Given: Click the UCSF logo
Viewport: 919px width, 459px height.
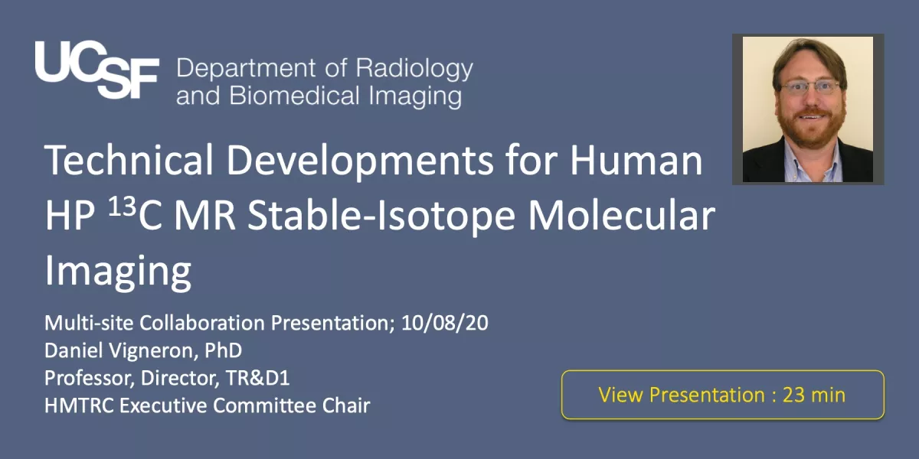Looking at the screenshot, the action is pos(96,70).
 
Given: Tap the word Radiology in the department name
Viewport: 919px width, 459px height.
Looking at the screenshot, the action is pos(414,69).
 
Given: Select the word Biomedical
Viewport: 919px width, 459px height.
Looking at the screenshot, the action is pos(294,96).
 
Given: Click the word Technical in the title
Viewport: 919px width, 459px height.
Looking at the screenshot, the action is pos(129,160).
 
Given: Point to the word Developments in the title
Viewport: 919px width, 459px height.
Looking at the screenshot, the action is pos(360,161).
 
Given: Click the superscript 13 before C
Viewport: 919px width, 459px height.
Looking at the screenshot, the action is pos(123,207).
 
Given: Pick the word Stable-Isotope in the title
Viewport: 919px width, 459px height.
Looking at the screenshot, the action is pos(381,216).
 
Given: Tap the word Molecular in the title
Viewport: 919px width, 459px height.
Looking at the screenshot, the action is pos(621,215).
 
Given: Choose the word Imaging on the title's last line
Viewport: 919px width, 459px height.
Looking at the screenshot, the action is pos(118,272).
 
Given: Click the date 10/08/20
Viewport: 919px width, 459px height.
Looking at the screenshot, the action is pos(445,323).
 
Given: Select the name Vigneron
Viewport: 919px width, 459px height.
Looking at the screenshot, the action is pos(152,351).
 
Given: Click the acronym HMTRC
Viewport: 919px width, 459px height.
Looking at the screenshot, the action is pos(79,405).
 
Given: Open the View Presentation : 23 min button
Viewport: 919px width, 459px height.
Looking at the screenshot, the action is pos(722,395).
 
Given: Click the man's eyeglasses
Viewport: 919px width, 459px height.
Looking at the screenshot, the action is pos(809,88).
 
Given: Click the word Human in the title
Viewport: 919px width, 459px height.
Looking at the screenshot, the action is pos(636,160).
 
